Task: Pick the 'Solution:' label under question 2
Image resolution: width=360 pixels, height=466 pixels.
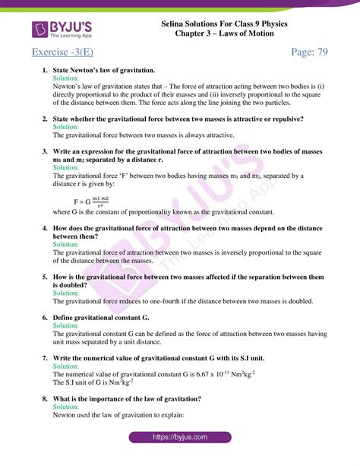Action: (x=65, y=127)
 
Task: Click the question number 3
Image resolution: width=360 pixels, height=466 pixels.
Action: (x=45, y=151)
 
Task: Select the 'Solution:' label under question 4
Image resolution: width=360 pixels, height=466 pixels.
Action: (x=65, y=245)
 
